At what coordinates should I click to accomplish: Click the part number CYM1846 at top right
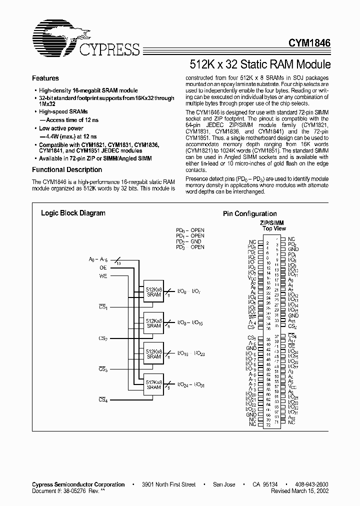coord(309,44)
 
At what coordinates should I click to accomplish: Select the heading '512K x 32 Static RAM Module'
coord(260,64)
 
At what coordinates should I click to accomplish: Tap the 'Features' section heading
coord(45,78)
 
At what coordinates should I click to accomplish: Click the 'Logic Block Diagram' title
coord(73,213)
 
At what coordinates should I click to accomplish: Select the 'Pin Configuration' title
coord(249,214)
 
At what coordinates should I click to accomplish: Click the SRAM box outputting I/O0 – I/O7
coord(154,291)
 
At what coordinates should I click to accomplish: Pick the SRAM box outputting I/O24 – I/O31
coord(154,384)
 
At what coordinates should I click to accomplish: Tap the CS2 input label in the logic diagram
coord(103,338)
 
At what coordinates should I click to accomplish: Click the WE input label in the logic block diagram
coord(103,275)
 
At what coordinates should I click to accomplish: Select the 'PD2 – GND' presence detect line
coord(190,241)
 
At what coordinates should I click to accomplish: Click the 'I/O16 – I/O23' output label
coord(191,353)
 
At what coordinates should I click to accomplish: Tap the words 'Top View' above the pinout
coord(274,228)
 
